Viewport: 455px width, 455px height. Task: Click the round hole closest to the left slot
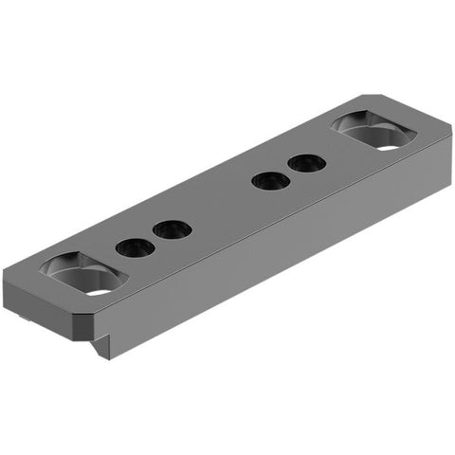pyautogui.click(x=136, y=248)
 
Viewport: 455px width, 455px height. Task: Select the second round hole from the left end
pyautogui.click(x=172, y=229)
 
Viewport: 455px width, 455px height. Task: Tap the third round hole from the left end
pyautogui.click(x=271, y=179)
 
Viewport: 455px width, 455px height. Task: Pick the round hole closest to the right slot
pyautogui.click(x=307, y=163)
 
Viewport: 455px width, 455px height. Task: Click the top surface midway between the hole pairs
pyautogui.click(x=221, y=204)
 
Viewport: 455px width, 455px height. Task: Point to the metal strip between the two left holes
pyautogui.click(x=154, y=239)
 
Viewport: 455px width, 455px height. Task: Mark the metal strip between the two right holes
pyautogui.click(x=289, y=172)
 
